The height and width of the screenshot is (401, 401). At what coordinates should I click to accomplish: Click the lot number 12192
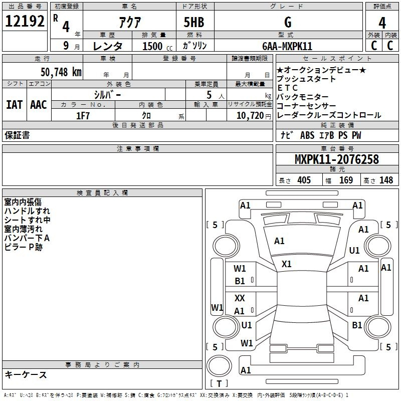click(x=25, y=21)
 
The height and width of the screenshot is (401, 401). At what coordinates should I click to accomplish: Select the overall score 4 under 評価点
click(x=382, y=23)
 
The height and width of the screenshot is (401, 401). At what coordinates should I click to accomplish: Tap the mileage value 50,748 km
click(x=61, y=72)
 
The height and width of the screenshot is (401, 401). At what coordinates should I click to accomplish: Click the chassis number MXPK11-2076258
click(x=337, y=159)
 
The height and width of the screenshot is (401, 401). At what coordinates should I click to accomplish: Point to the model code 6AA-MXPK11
click(x=287, y=46)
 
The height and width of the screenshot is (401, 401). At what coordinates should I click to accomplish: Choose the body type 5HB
click(x=194, y=22)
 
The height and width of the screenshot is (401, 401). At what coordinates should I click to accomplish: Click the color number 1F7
click(x=83, y=116)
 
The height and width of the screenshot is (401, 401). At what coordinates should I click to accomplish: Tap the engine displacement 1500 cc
click(x=157, y=46)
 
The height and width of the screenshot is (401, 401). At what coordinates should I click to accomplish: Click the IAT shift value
click(x=14, y=105)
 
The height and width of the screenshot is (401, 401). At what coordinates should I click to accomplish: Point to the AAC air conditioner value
click(x=39, y=105)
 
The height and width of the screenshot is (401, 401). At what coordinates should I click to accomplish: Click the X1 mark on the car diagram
click(x=286, y=264)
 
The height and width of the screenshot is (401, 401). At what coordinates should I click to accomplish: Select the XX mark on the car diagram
click(x=240, y=298)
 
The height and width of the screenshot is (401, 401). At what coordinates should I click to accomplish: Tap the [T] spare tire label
click(x=219, y=383)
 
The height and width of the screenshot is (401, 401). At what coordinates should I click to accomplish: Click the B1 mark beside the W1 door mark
click(x=240, y=281)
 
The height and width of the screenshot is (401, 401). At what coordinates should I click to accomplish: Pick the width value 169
click(x=346, y=180)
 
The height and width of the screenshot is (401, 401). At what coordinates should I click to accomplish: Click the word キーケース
click(x=26, y=375)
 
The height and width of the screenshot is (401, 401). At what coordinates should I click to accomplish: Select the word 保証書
click(x=17, y=135)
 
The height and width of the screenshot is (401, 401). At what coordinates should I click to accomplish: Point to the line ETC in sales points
click(x=287, y=88)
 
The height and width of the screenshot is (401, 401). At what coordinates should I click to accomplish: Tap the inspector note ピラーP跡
click(x=23, y=247)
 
